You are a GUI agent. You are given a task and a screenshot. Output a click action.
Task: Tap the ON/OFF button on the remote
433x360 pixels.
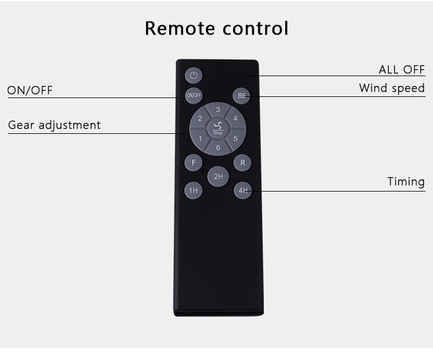click(x=193, y=95)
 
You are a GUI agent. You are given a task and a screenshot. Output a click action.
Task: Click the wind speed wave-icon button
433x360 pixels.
click(x=241, y=96)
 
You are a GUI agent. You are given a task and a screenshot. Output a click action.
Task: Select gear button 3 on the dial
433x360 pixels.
click(x=218, y=110)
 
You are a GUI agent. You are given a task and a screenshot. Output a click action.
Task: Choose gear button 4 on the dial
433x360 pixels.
click(x=236, y=119)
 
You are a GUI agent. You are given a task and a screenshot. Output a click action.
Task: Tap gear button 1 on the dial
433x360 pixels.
click(x=200, y=139)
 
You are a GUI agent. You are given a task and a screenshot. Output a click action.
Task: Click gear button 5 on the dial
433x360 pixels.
click(x=236, y=138)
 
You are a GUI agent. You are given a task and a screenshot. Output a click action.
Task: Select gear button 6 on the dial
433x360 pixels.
click(x=218, y=148)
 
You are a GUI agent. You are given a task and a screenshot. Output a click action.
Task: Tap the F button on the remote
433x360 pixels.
click(x=193, y=163)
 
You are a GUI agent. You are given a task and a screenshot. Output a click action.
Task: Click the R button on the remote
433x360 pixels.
click(x=242, y=163)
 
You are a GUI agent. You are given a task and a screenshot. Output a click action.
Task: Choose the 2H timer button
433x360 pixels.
click(x=218, y=177)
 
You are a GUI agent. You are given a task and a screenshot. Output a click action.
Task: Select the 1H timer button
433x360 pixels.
click(x=193, y=190)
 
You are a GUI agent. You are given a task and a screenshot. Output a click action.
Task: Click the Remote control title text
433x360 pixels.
click(x=216, y=28)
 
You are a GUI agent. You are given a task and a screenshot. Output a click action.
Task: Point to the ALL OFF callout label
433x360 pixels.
click(x=401, y=70)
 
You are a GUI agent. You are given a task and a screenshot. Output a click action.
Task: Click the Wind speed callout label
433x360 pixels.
click(x=391, y=88)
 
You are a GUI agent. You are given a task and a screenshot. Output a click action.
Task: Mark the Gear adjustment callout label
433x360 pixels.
click(x=54, y=125)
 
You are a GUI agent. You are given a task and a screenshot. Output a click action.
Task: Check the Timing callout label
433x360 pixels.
click(x=406, y=182)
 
